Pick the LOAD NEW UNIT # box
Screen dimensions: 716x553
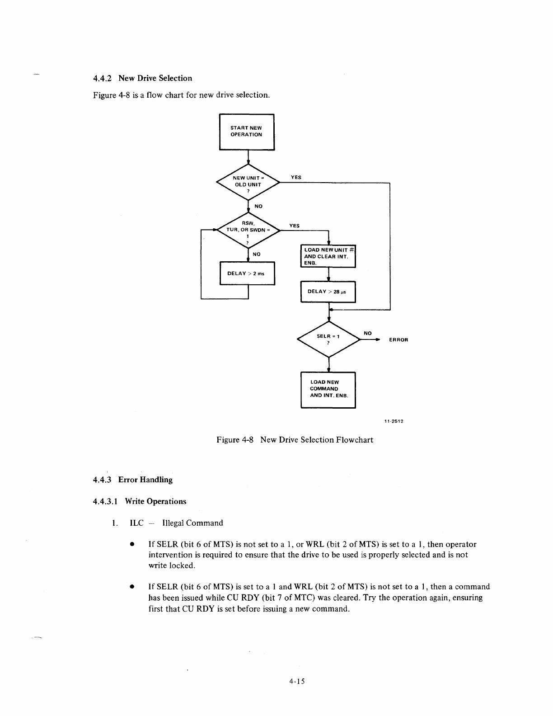(x=328, y=256)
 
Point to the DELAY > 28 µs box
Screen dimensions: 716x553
(x=328, y=292)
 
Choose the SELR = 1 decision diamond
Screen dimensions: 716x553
(x=328, y=339)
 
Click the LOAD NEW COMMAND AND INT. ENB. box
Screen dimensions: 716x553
(x=328, y=389)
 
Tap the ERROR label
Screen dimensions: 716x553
(x=398, y=340)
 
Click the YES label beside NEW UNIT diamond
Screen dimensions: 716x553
(x=296, y=178)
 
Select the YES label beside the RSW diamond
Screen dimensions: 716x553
(x=294, y=226)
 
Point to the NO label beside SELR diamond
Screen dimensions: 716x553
(x=368, y=333)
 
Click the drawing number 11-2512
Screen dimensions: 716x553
(x=393, y=421)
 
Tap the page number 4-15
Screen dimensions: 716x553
(x=298, y=682)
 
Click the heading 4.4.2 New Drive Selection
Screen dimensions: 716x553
(x=142, y=78)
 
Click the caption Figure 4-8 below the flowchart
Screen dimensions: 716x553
(x=295, y=440)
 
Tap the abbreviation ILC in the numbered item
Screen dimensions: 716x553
(x=136, y=523)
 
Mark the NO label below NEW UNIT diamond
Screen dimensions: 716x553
(x=258, y=206)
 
